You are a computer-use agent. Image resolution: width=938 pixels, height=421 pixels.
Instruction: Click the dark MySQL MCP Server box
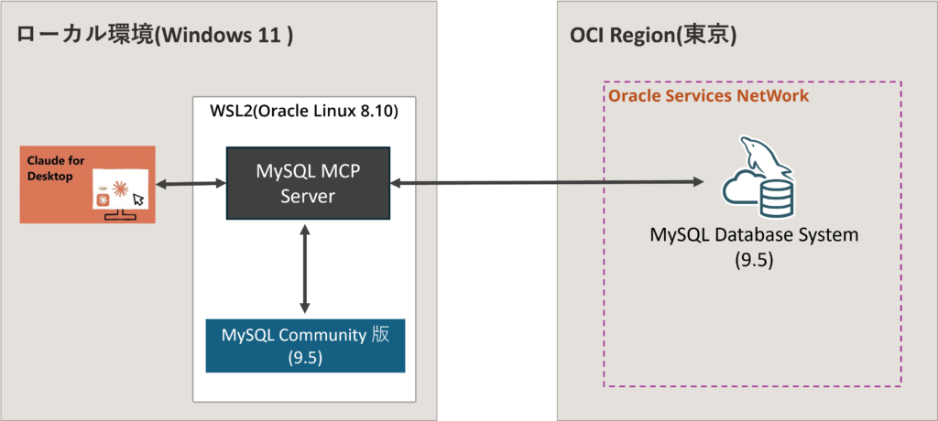pos(308,183)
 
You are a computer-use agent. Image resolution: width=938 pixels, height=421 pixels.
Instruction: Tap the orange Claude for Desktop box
pos(88,184)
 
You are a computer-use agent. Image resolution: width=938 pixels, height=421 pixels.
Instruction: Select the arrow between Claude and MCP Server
pos(191,184)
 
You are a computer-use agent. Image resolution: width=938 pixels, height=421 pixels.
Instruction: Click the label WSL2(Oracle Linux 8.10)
pos(305,113)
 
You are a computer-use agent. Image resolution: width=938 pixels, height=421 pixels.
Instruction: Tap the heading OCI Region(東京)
pos(653,37)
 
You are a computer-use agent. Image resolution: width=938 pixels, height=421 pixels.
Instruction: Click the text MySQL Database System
pos(754,234)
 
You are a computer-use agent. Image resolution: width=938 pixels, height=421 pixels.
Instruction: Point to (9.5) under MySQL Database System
pos(754,260)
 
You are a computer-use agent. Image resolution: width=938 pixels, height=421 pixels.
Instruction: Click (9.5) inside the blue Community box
pos(305,357)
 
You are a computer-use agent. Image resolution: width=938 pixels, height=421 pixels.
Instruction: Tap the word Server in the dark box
pos(308,197)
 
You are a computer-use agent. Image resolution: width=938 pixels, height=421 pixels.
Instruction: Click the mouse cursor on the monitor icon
pos(137,199)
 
